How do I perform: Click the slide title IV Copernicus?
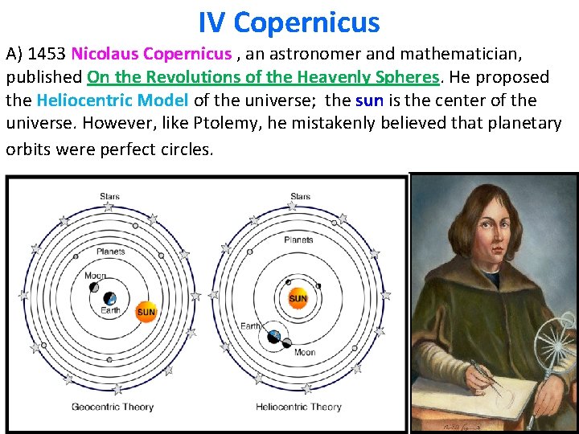click(289, 22)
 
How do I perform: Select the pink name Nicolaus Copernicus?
click(150, 55)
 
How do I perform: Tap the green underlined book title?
click(264, 78)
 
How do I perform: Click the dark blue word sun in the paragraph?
click(369, 101)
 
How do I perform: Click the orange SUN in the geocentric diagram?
click(146, 312)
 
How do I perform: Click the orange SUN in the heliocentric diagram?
click(298, 299)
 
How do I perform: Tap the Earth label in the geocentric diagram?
click(110, 311)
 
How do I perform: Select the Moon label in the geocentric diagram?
click(95, 276)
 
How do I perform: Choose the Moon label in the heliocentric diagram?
click(304, 352)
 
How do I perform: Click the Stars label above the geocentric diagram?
click(110, 197)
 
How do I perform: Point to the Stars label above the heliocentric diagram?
click(300, 197)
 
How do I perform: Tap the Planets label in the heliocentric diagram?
click(298, 240)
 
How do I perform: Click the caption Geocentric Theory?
click(112, 407)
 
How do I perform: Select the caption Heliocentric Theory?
click(298, 407)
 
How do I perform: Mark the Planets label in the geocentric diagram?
click(110, 252)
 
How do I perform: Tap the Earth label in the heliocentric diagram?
click(251, 326)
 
